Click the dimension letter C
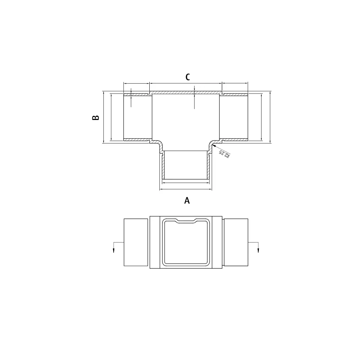[x=188, y=77]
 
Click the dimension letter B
[x=96, y=118]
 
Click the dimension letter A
[x=187, y=201]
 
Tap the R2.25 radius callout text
[x=224, y=155]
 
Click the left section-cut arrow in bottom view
[x=114, y=250]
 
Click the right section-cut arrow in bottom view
[x=258, y=250]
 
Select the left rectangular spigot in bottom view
[x=136, y=242]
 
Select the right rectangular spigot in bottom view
[x=236, y=242]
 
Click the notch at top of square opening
[x=186, y=221]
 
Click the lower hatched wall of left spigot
[x=136, y=139]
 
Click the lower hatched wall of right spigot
[x=234, y=139]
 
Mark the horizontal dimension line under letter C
[x=185, y=83]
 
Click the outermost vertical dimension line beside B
[x=103, y=117]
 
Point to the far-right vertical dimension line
[x=271, y=117]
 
